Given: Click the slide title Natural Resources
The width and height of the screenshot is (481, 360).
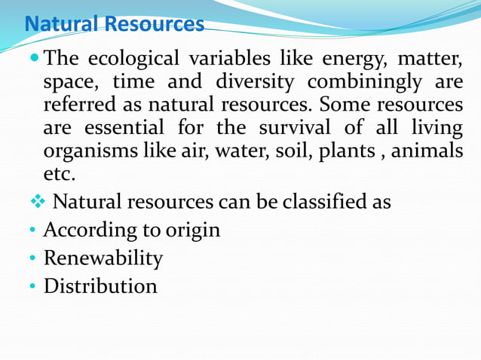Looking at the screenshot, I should click(x=114, y=24).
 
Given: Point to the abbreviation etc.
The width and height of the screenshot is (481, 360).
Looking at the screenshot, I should click(x=60, y=175).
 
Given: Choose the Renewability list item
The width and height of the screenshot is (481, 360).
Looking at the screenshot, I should click(x=103, y=258).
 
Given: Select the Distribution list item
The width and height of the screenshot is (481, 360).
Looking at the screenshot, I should click(x=100, y=286).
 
